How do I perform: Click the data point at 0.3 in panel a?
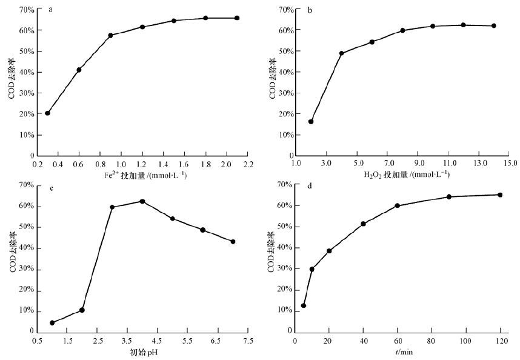point(47,113)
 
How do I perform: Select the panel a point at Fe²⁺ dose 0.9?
point(110,35)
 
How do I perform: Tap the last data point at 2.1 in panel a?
point(237,18)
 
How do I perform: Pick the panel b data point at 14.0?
point(494,25)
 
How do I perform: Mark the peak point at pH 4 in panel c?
point(142,201)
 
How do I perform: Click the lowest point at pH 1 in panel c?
point(52,322)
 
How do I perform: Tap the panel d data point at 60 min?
point(398,205)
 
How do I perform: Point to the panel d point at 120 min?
point(500,195)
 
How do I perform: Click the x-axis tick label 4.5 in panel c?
point(157,342)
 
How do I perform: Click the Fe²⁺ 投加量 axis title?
point(144,175)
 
